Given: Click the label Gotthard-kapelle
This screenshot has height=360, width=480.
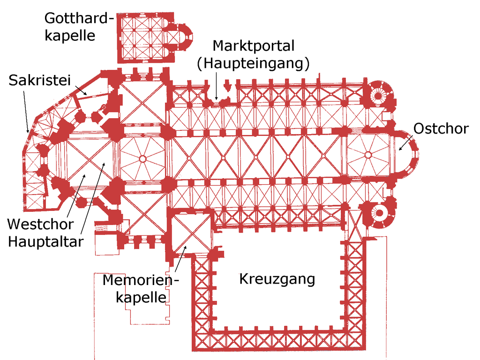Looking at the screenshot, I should (79, 27).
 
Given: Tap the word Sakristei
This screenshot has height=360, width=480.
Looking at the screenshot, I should (39, 81).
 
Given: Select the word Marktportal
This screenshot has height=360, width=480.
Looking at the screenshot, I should (253, 46).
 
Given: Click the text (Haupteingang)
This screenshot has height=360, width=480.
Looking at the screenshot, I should (253, 63).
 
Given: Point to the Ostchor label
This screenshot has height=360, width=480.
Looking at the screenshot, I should (441, 128).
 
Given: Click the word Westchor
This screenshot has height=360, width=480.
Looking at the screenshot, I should (40, 224).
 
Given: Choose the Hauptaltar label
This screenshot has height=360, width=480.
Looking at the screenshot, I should (45, 242).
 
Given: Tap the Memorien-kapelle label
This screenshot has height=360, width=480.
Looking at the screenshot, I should (141, 288).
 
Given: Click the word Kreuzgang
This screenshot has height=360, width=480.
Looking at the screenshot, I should (277, 279).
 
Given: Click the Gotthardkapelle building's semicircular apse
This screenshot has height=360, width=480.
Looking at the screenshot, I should (184, 37).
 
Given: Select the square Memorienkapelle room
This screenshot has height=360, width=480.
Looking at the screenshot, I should (189, 233).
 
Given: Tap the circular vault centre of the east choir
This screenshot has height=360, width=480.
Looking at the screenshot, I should (368, 154).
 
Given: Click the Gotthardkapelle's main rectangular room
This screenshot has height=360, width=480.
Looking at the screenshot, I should (142, 38).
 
